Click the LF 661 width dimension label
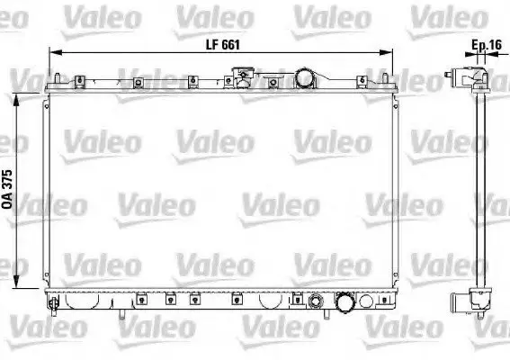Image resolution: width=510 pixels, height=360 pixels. click(223, 45)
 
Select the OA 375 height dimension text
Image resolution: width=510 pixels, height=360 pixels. click(7, 189)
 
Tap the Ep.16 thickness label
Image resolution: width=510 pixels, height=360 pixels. click(487, 45)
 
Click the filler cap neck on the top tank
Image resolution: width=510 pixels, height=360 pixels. click(243, 76)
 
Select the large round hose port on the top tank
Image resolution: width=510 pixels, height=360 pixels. click(305, 78)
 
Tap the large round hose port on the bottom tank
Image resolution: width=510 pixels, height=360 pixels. click(345, 301)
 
